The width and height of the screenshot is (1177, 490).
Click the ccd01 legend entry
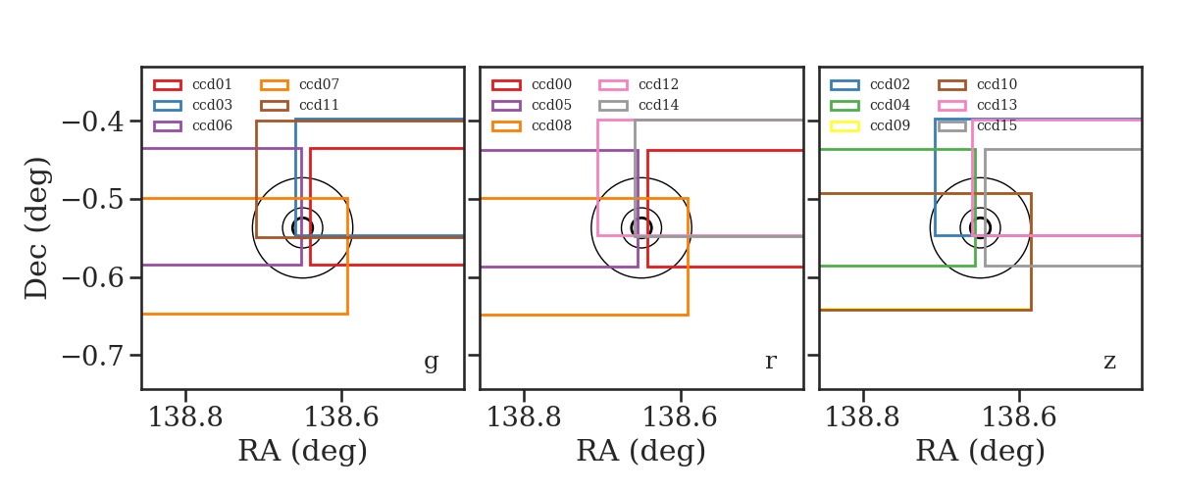coord(193,84)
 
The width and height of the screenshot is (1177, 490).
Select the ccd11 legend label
coord(319,105)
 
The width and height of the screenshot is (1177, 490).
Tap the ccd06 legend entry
coord(193,125)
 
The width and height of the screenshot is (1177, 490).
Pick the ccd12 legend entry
coord(638,84)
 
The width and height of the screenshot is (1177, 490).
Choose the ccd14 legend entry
coord(638,105)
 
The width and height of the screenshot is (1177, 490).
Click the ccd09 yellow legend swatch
coord(844,126)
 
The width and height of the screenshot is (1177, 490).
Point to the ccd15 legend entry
coord(977,125)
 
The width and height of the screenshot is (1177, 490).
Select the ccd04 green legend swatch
coord(844,106)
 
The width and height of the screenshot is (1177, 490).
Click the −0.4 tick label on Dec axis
coord(93,122)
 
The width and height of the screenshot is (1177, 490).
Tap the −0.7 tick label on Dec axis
coord(93,356)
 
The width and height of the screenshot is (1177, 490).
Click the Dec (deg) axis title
coord(37,228)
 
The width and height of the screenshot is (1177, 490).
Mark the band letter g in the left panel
coord(431,362)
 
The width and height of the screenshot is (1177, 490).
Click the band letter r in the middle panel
coord(770,361)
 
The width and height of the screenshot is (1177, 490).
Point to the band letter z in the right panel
coord(1109,362)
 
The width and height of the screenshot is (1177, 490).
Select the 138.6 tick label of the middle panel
coord(680,417)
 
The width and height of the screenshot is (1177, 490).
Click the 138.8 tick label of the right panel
coord(862,417)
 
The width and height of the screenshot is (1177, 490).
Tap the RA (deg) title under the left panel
coord(303,451)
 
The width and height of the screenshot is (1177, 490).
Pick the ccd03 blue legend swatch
coord(168,106)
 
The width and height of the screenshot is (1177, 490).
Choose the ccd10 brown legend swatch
coord(952,85)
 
